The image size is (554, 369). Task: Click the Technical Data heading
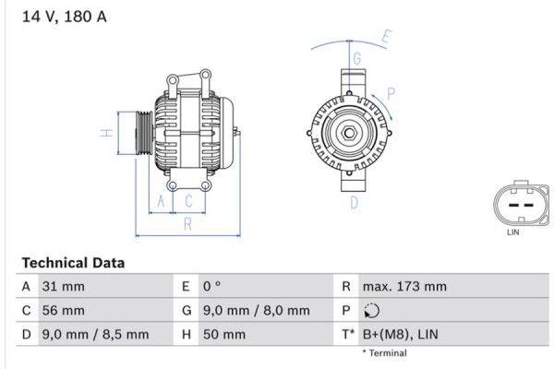(x=73, y=263)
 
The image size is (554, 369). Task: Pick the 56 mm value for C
(x=62, y=311)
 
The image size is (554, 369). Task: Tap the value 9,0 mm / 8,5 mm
(x=95, y=334)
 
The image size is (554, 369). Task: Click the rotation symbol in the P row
(x=371, y=311)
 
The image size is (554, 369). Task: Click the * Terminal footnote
(x=383, y=353)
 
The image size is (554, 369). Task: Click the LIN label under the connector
(x=514, y=233)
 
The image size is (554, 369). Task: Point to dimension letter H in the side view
(x=108, y=133)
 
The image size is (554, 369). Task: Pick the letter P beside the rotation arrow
(x=391, y=92)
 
